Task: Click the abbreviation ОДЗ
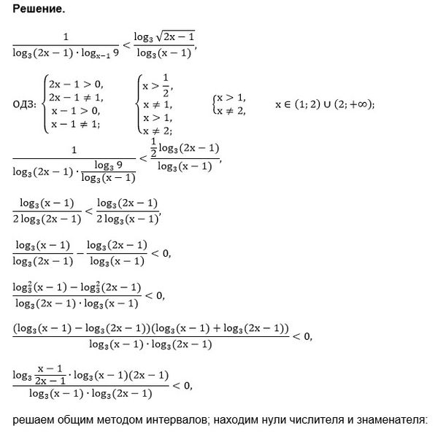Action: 25,104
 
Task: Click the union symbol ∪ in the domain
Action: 326,104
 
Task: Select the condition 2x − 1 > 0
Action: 76,84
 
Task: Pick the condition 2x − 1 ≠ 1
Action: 76,97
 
